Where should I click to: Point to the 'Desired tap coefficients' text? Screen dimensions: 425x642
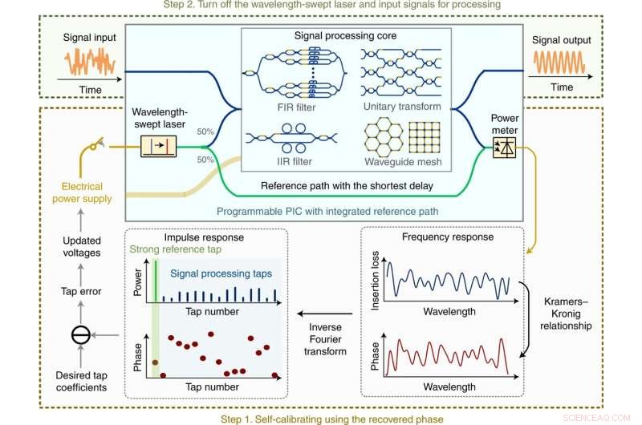[80, 382]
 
